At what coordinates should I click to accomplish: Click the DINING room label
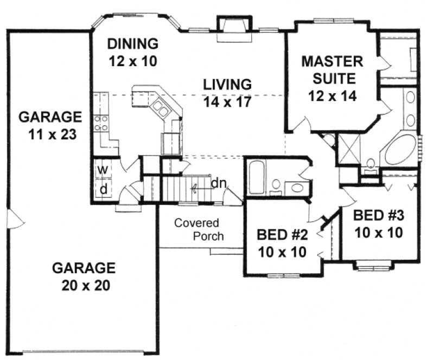pyautogui.click(x=132, y=43)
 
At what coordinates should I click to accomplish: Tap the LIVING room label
pyautogui.click(x=227, y=85)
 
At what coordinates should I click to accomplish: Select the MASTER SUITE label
pyautogui.click(x=329, y=68)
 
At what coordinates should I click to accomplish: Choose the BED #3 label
pyautogui.click(x=378, y=215)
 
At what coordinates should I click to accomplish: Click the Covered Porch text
pyautogui.click(x=196, y=229)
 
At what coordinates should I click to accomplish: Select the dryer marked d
pyautogui.click(x=101, y=190)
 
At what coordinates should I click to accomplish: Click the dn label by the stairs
pyautogui.click(x=218, y=183)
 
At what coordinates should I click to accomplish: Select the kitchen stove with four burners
pyautogui.click(x=100, y=123)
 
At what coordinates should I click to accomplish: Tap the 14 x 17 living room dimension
pyautogui.click(x=227, y=101)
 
